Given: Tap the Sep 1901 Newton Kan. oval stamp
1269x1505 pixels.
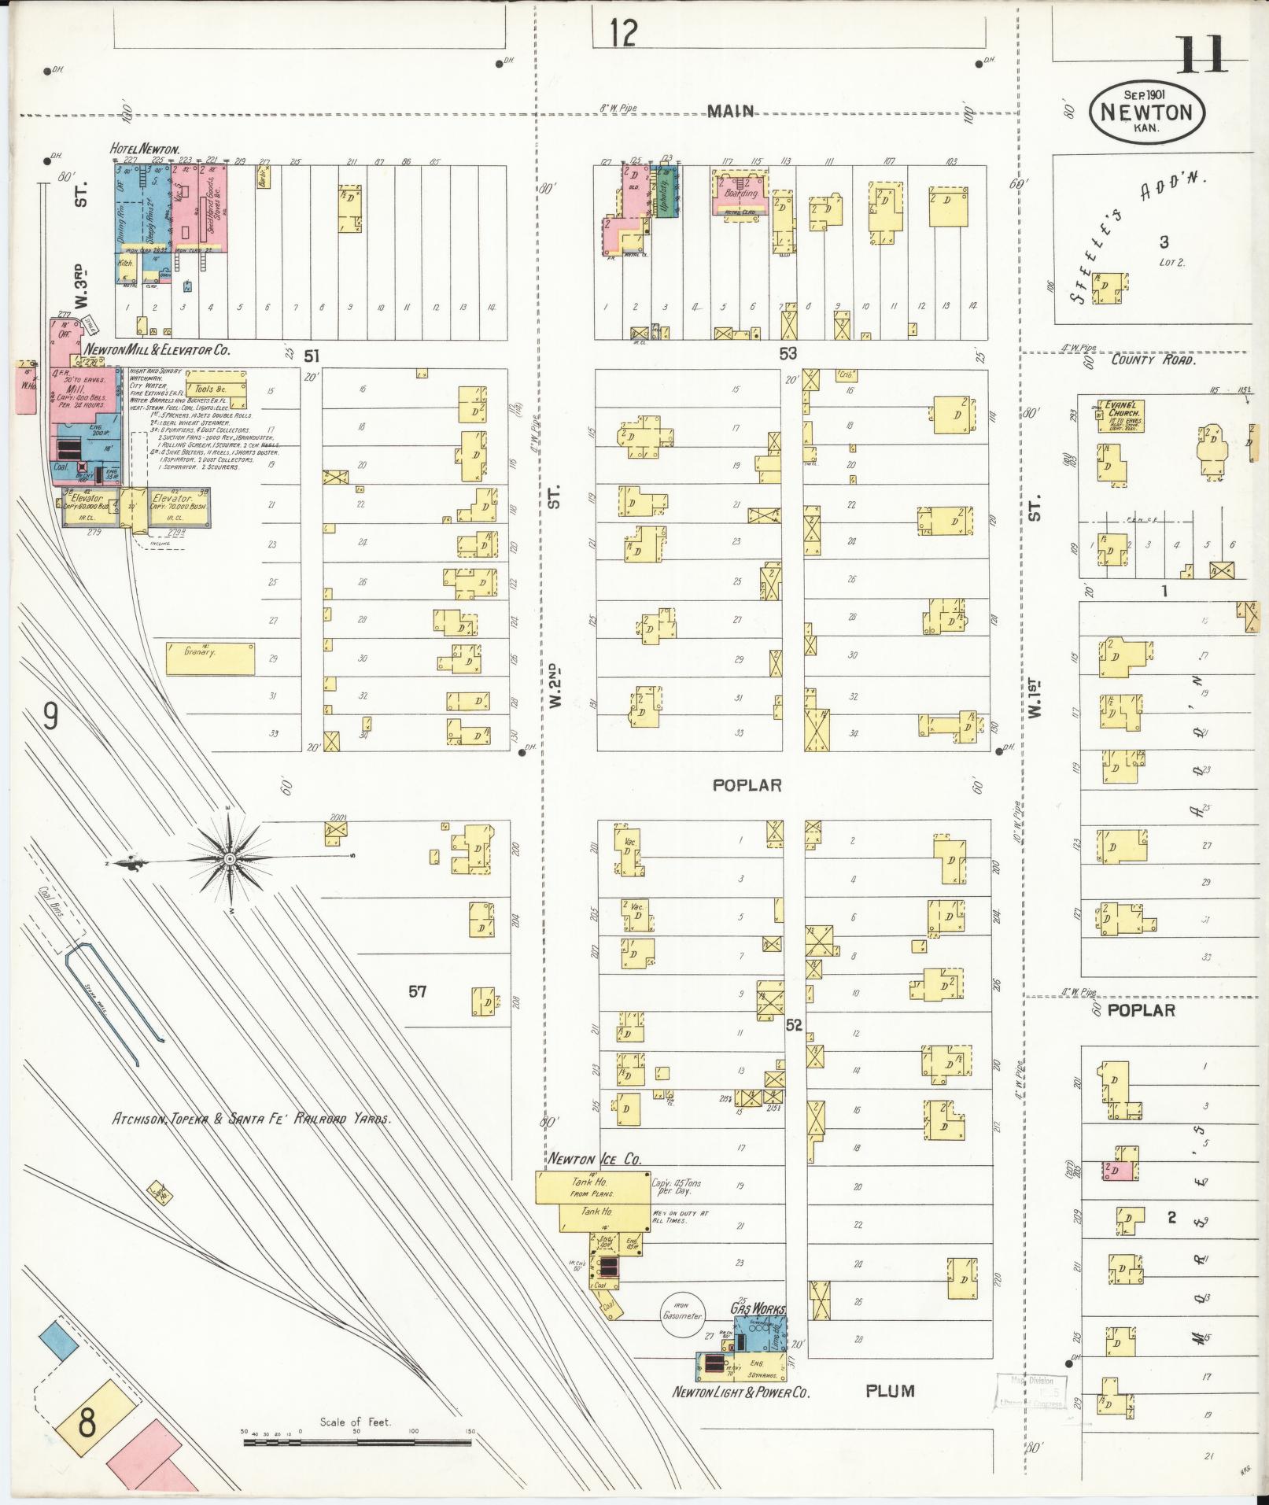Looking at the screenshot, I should (x=1145, y=112).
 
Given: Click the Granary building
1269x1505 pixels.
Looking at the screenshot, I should (x=210, y=659).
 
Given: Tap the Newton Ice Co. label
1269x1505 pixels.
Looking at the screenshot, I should (x=595, y=1159).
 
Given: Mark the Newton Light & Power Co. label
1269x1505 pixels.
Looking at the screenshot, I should (x=740, y=1392).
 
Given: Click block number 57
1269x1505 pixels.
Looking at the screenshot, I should (x=417, y=991).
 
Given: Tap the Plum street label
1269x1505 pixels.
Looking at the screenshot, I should (x=890, y=1390).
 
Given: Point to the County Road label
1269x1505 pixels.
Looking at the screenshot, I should (x=1153, y=360).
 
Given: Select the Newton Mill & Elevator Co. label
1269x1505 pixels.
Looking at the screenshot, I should (x=157, y=350).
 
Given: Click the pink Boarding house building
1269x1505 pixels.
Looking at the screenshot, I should (x=740, y=194).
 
